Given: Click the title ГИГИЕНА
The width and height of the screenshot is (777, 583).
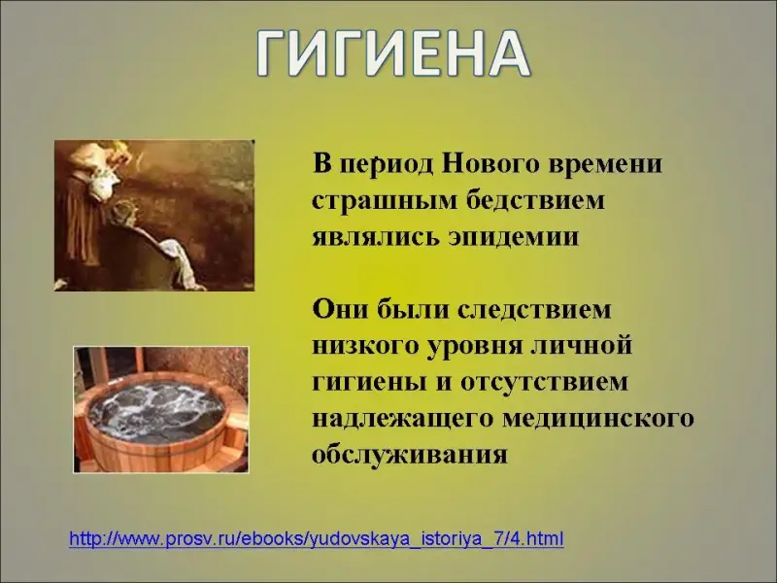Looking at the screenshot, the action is tap(394, 54).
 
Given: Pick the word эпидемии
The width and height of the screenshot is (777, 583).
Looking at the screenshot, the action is tap(514, 237).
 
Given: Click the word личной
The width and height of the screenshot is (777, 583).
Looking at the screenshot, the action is tap(582, 346).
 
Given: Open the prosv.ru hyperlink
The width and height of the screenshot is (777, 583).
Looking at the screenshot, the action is tap(317, 539).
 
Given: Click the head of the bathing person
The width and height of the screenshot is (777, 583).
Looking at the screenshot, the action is tap(120, 215).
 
